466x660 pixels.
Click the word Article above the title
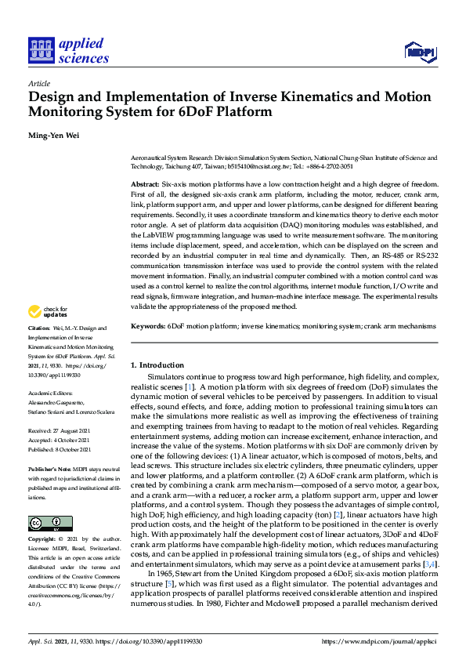[38, 83]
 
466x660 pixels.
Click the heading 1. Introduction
[157, 365]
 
